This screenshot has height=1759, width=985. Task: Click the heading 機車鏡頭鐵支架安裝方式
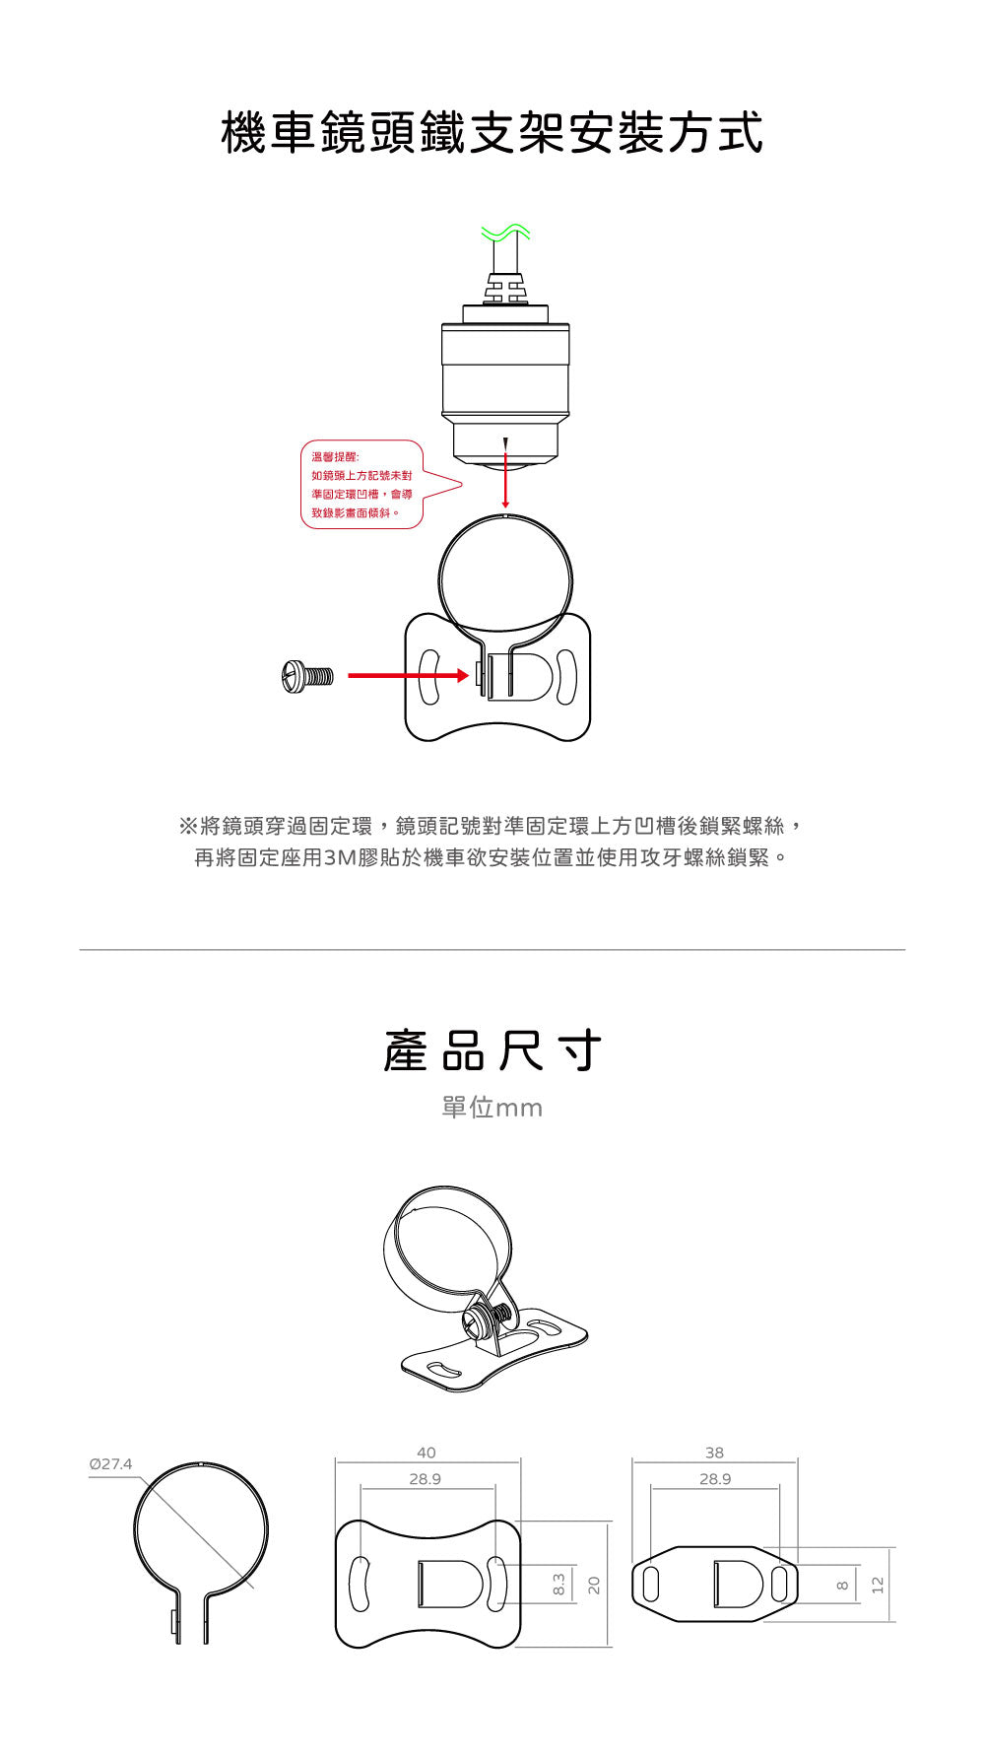[x=492, y=133]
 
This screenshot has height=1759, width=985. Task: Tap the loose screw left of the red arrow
[x=307, y=677]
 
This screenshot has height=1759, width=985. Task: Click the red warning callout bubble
[x=380, y=484]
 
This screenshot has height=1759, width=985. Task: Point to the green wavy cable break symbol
[x=505, y=234]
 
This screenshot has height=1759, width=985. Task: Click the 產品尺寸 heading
[x=492, y=1050]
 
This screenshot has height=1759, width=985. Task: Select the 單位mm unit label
[x=492, y=1108]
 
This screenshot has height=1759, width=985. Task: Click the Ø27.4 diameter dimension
[x=110, y=1463]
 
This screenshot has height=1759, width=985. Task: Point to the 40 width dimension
[x=426, y=1453]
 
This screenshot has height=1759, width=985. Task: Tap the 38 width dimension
[x=714, y=1453]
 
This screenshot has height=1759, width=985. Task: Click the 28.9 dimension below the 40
[x=426, y=1479]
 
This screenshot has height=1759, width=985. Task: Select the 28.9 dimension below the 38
[x=715, y=1479]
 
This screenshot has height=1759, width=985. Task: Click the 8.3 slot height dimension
[x=558, y=1585]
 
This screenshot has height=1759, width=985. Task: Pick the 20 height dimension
[x=594, y=1585]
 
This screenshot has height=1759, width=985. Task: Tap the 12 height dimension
[x=879, y=1585]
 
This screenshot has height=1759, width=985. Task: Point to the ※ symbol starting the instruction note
[x=187, y=826]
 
